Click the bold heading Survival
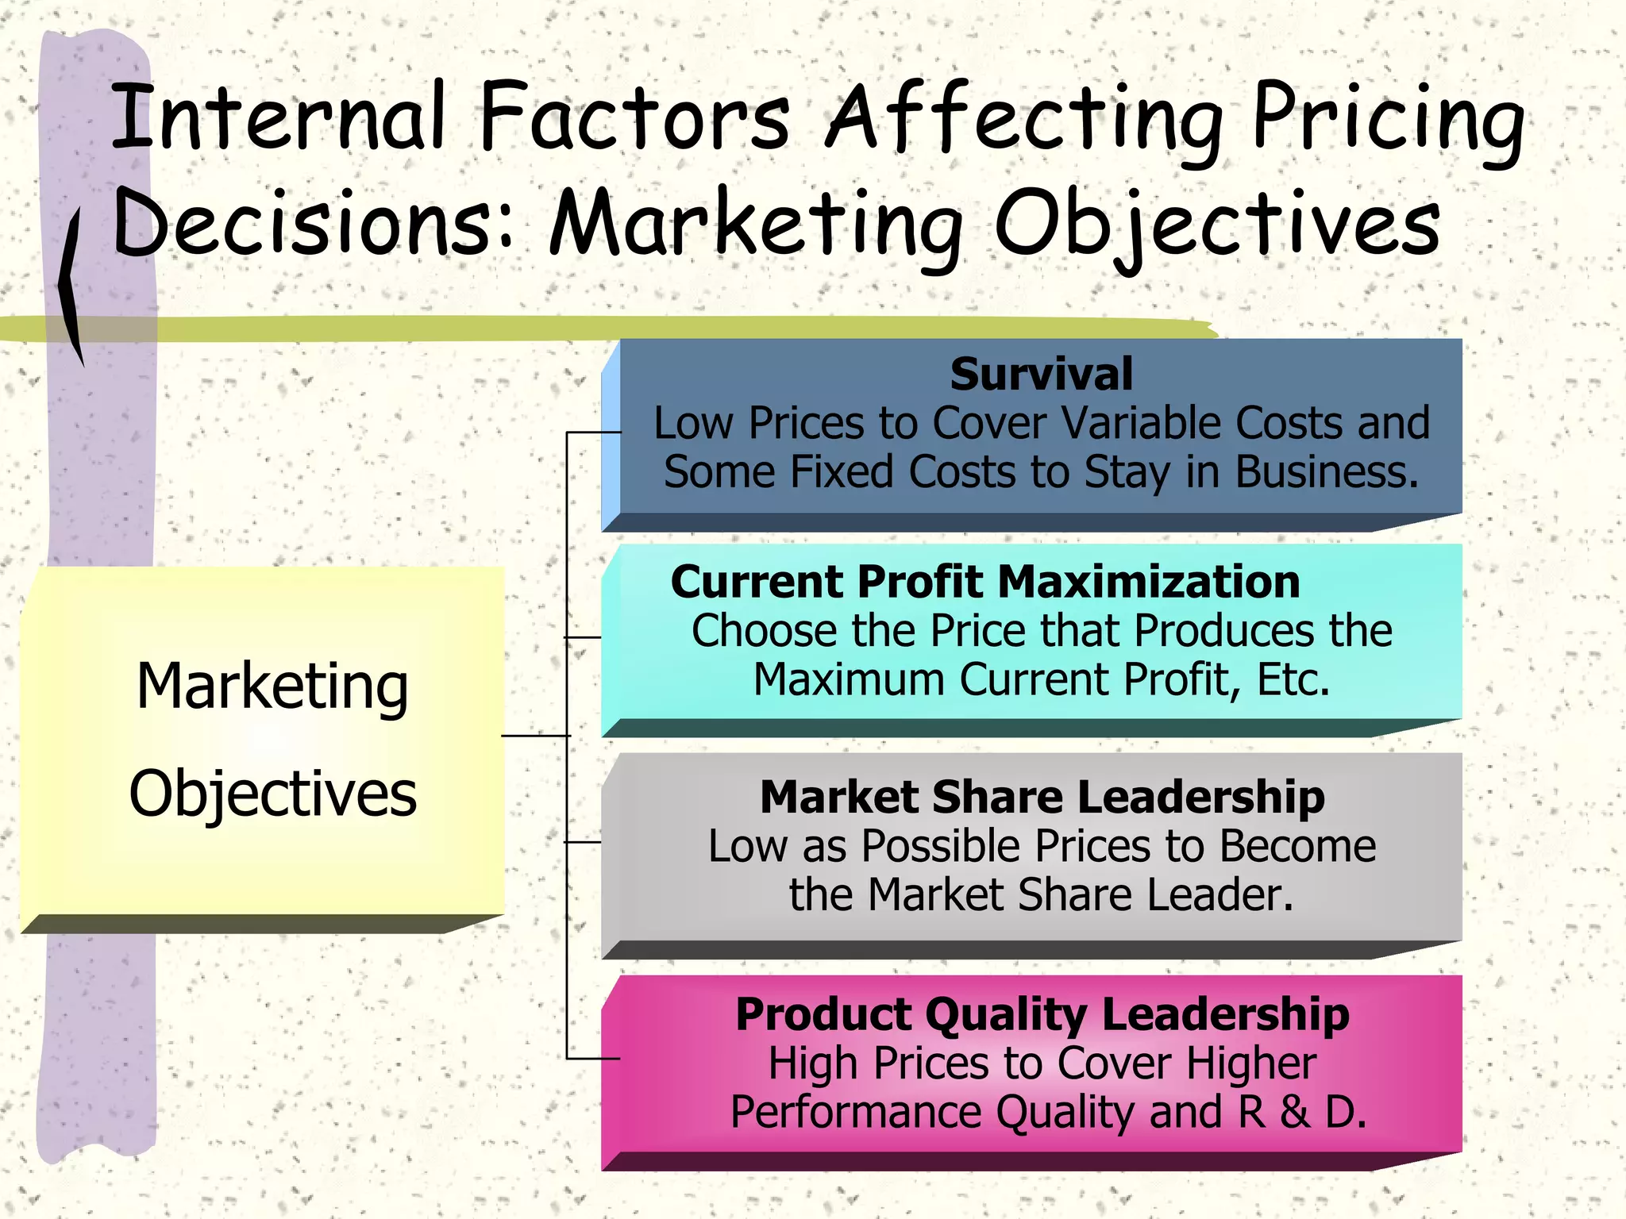(1041, 375)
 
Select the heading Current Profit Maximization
(985, 582)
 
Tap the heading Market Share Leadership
(1042, 797)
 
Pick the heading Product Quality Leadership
(1042, 1014)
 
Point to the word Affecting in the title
(1024, 119)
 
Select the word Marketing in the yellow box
(272, 686)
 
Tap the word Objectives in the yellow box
(272, 794)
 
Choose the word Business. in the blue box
(1327, 472)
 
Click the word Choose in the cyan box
(764, 632)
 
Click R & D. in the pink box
(1302, 1112)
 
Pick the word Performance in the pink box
(856, 1112)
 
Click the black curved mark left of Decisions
(71, 286)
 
